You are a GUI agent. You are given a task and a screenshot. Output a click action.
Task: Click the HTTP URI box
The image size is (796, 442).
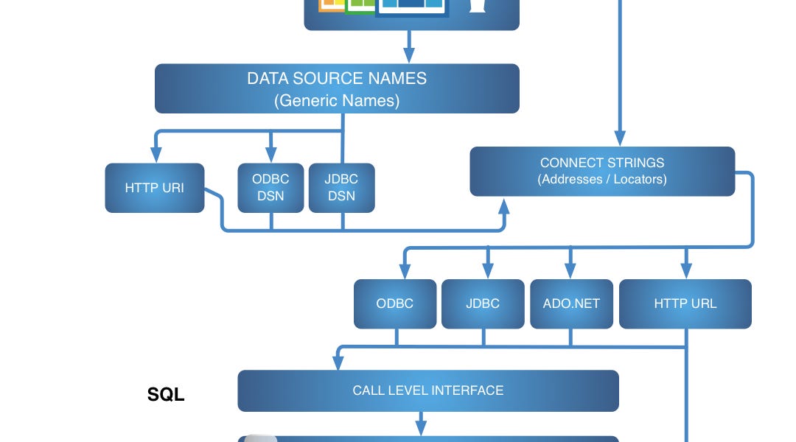pyautogui.click(x=154, y=188)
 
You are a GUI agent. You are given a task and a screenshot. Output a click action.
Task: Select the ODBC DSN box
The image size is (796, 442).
pyautogui.click(x=270, y=188)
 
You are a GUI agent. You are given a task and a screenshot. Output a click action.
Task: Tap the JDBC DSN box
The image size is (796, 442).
pyautogui.click(x=342, y=188)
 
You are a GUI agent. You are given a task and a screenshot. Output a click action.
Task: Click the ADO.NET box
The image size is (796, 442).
pyautogui.click(x=570, y=304)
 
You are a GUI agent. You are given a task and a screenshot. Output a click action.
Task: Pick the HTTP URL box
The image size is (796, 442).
pyautogui.click(x=685, y=304)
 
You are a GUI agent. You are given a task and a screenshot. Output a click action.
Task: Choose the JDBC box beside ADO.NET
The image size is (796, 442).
pyautogui.click(x=483, y=304)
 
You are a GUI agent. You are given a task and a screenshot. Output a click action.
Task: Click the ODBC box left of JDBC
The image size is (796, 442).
pyautogui.click(x=395, y=304)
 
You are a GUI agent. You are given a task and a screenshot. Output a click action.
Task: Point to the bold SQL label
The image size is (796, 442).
pyautogui.click(x=166, y=395)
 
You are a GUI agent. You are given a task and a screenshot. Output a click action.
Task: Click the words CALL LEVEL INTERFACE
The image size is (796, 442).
pyautogui.click(x=427, y=390)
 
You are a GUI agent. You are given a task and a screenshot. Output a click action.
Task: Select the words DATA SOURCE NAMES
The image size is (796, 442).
pyautogui.click(x=337, y=79)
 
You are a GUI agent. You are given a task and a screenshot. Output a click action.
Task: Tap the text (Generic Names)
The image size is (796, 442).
pyautogui.click(x=337, y=100)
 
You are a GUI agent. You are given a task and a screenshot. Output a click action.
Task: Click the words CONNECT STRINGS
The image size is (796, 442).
pyautogui.click(x=601, y=163)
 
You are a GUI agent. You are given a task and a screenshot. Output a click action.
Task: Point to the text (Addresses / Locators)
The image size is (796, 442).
pyautogui.click(x=601, y=179)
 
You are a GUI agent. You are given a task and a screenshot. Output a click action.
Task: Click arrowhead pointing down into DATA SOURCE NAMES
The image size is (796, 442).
pyautogui.click(x=409, y=56)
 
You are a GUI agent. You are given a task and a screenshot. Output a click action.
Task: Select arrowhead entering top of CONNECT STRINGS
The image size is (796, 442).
pyautogui.click(x=620, y=138)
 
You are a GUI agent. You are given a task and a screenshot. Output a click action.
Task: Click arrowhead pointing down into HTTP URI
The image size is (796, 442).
pyautogui.click(x=156, y=155)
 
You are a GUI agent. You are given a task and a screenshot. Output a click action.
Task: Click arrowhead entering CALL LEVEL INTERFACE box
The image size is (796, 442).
pyautogui.click(x=338, y=362)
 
